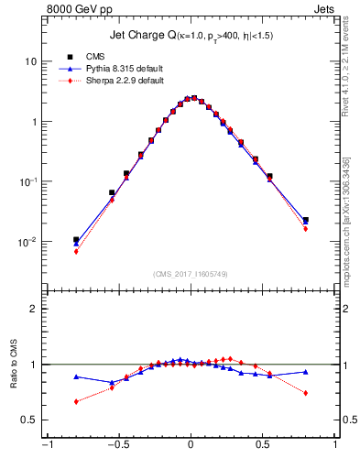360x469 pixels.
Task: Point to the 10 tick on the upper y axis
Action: (x=30, y=61)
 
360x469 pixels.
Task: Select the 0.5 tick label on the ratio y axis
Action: (x=29, y=420)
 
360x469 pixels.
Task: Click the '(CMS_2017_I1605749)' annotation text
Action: (x=191, y=274)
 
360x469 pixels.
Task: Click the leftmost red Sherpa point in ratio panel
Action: (x=76, y=401)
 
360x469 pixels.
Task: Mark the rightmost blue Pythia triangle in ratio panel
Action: (x=305, y=372)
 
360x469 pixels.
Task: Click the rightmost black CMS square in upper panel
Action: (x=305, y=220)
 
